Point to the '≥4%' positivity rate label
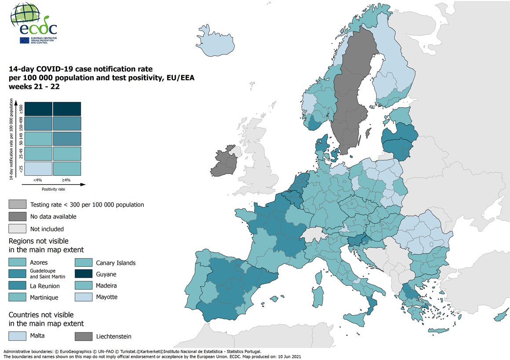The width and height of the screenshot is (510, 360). (66, 180)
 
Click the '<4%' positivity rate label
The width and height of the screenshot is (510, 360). (38, 180)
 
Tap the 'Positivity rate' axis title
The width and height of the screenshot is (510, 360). (54, 189)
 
